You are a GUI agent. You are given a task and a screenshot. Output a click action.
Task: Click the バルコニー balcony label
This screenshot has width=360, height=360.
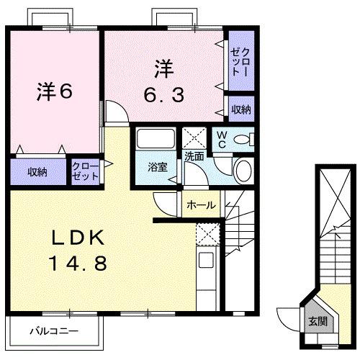pos(53,331)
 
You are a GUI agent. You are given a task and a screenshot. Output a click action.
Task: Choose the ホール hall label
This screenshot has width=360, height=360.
pos(200,205)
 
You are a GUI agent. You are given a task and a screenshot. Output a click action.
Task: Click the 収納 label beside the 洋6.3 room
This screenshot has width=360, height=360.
pos(240,109)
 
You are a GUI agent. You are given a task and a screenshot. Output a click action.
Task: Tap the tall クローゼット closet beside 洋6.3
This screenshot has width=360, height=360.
pos(240,64)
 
